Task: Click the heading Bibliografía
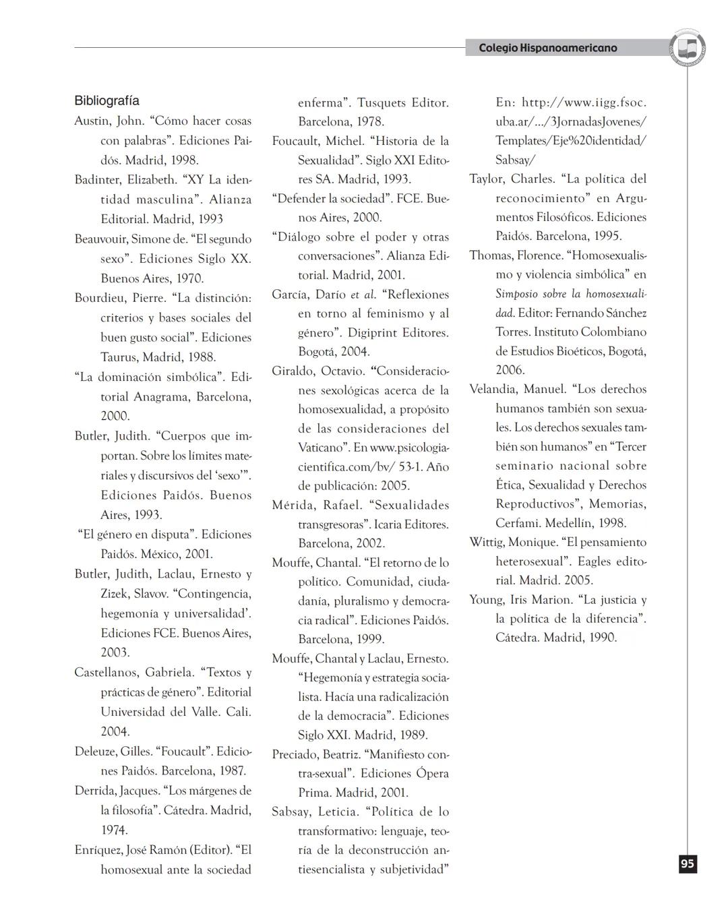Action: tap(107, 101)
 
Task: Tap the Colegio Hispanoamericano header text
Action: tap(547, 48)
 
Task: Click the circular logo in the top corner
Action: tap(688, 48)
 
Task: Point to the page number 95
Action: tap(687, 864)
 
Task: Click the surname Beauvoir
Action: tap(100, 239)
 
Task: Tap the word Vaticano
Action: tap(324, 448)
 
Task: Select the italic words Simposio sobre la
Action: tap(539, 294)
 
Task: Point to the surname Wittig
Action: tap(486, 543)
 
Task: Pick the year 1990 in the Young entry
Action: tap(603, 638)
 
